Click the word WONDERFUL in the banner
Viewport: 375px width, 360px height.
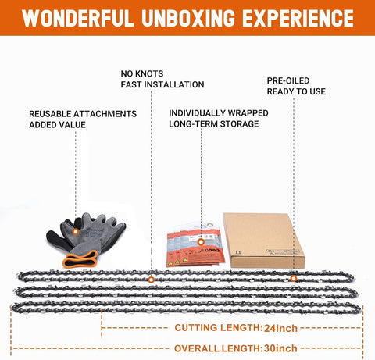pos(77,18)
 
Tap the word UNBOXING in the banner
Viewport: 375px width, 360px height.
pos(188,18)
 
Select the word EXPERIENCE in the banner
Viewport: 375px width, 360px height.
pos(298,18)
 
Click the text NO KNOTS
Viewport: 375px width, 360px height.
pos(142,73)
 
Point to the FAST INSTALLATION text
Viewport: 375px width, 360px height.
pos(162,84)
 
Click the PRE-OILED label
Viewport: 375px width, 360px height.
pos(288,80)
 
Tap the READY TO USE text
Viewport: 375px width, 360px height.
pos(296,91)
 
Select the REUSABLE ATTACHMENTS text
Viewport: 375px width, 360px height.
pos(83,114)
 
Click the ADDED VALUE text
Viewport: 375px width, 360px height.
pos(57,125)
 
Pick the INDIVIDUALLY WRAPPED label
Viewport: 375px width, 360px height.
pos(219,113)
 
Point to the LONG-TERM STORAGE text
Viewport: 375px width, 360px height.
pos(214,124)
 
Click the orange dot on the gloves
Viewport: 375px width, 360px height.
pos(76,231)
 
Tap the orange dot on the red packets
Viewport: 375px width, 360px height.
pos(201,242)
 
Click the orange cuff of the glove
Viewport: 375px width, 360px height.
pos(80,259)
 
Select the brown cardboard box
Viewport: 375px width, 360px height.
pos(264,241)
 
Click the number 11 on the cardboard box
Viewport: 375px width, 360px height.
pos(238,252)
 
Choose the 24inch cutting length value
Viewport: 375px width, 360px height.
pos(280,328)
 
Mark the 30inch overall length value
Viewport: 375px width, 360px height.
pos(280,348)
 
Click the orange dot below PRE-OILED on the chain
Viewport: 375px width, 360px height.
pos(294,279)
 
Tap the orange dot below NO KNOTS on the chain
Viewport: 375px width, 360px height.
pos(151,280)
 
